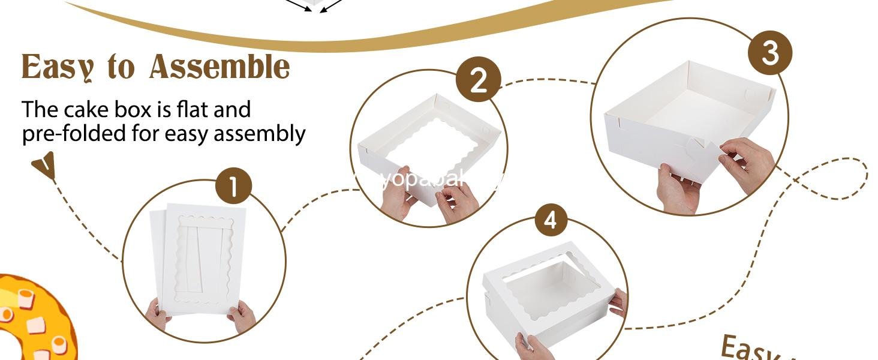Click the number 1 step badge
pos(233,187)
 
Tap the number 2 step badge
pos(478,80)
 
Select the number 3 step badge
pos(769,53)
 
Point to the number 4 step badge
pos(551,220)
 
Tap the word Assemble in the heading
pos(220,67)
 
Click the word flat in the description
pos(193,110)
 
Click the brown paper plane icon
pos(46,165)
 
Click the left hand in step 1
pos(157,314)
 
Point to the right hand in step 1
pos(242,316)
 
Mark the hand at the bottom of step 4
pos(532,347)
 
